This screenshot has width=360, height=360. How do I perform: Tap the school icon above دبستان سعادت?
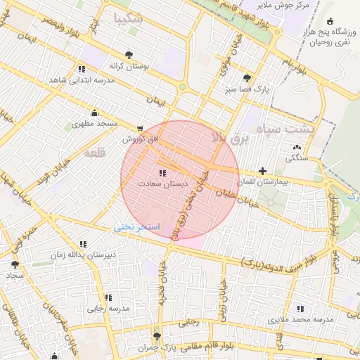point(163,172)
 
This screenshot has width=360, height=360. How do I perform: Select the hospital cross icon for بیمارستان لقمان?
point(262,171)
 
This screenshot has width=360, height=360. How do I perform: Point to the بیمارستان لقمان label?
point(262,182)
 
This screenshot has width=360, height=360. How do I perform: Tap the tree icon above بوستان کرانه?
point(128,54)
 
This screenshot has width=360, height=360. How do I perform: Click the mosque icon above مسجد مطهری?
point(94,112)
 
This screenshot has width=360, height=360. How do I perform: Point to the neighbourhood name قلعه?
point(96,152)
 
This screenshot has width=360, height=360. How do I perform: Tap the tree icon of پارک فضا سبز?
point(246,78)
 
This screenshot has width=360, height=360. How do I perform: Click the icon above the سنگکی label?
point(295,148)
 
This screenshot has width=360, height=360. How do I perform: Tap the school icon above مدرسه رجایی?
point(108,297)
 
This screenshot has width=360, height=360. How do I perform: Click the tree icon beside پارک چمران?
point(157,336)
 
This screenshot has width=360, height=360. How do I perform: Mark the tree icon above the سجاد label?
point(14,264)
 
